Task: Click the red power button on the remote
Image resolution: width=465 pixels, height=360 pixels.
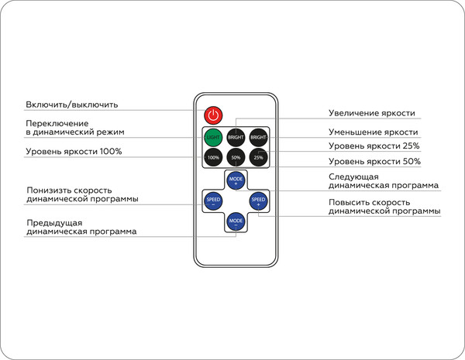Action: [213, 115]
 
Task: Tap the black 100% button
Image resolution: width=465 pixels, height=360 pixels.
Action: [213, 158]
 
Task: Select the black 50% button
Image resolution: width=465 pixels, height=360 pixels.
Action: [236, 158]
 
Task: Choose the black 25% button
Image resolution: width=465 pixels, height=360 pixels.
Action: [258, 158]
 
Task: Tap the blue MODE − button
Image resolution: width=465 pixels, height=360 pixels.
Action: [236, 222]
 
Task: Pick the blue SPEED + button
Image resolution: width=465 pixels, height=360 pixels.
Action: [258, 202]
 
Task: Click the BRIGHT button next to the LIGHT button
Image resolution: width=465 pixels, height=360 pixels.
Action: [236, 137]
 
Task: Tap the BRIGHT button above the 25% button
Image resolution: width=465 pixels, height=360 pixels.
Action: [258, 137]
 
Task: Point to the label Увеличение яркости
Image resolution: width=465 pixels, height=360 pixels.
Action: [371, 113]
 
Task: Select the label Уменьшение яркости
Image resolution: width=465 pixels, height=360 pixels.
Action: [373, 132]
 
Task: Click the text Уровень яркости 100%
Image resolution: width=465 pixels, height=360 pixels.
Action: [74, 151]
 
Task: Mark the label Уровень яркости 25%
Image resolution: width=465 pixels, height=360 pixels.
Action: [374, 146]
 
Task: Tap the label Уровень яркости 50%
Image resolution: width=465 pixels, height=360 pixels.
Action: [374, 162]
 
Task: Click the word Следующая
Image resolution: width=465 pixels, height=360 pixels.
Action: [353, 177]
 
